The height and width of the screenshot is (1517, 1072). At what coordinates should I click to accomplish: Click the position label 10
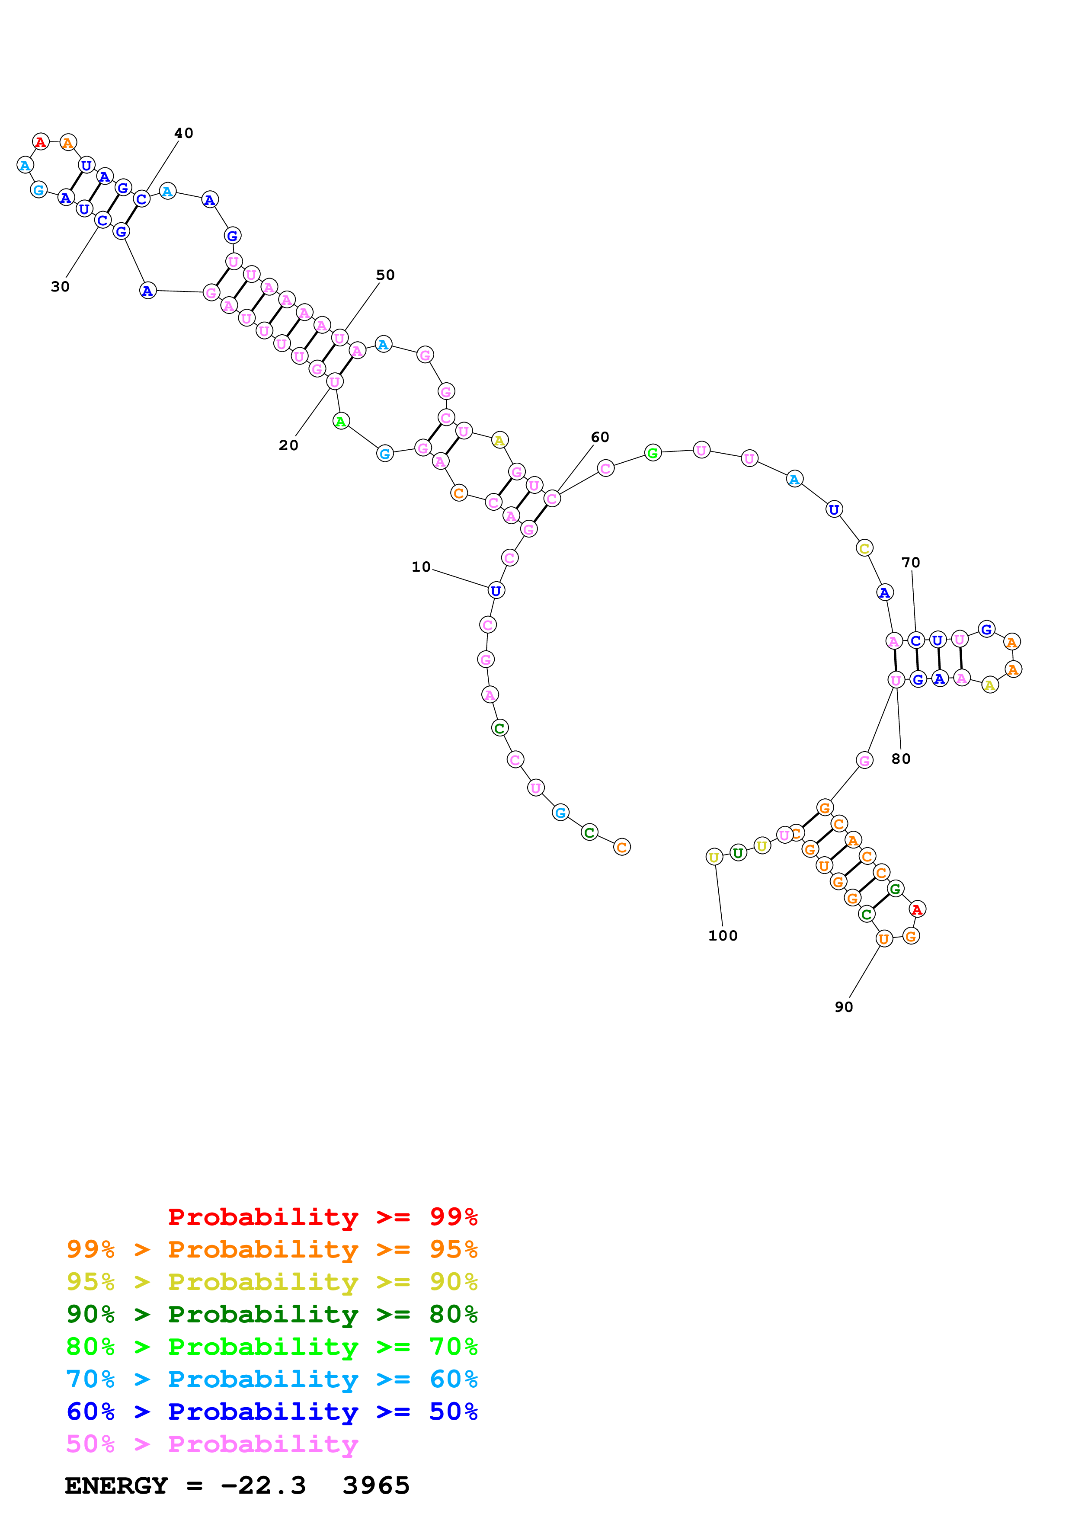[421, 567]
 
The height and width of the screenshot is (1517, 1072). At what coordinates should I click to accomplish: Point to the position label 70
[910, 562]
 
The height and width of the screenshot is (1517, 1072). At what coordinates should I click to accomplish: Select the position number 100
[723, 935]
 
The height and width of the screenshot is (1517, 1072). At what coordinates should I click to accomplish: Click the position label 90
[844, 1007]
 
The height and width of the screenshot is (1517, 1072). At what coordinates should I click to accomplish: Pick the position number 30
[60, 287]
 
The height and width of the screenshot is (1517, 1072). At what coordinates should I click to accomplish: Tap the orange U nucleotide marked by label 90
[884, 939]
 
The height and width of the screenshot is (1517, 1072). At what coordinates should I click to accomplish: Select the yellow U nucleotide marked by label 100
[714, 858]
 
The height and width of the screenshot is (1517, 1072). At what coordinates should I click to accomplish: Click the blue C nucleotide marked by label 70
[915, 640]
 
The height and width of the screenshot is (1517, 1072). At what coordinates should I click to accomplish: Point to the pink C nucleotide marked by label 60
[552, 498]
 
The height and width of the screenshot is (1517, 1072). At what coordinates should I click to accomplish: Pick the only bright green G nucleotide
[653, 453]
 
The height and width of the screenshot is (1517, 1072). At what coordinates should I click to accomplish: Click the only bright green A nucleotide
[341, 421]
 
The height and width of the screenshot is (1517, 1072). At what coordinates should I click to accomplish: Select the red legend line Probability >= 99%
[322, 1216]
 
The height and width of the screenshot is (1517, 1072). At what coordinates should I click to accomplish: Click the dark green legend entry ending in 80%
[272, 1314]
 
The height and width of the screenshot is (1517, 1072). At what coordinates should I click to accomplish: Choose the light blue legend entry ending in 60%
[272, 1379]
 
